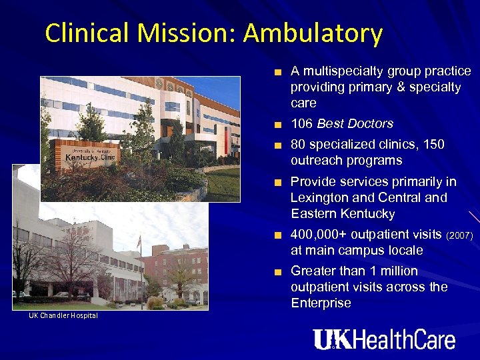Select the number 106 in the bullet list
(x=302, y=124)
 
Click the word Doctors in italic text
(x=373, y=124)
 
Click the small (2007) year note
(x=460, y=235)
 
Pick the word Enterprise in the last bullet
(x=321, y=303)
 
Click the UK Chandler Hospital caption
(x=63, y=315)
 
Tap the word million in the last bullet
(x=397, y=271)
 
